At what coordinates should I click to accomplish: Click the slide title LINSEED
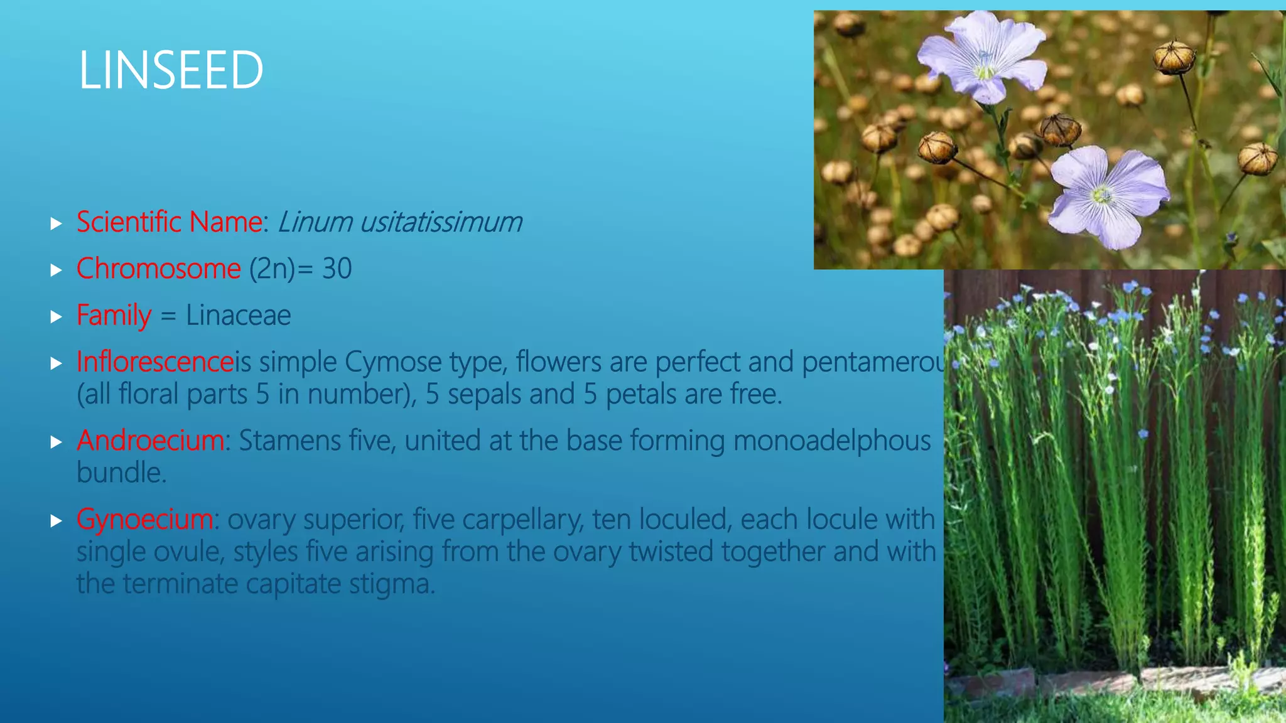pos(171,70)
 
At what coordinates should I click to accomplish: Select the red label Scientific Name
pos(170,222)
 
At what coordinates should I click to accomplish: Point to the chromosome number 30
pos(337,269)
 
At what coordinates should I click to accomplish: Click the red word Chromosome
pos(159,269)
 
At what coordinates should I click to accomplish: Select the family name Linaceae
pos(239,315)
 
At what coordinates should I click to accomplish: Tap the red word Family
pos(114,315)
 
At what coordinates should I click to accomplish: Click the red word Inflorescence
pos(155,361)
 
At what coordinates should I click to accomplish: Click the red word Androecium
pos(151,441)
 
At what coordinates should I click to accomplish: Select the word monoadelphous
pos(832,441)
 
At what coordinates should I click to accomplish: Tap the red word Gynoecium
pos(145,519)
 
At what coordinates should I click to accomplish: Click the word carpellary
pos(522,520)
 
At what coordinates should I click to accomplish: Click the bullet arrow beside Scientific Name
pos(57,223)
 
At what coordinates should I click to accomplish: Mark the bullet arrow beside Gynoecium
pos(57,520)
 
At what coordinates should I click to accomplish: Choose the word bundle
pos(122,473)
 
